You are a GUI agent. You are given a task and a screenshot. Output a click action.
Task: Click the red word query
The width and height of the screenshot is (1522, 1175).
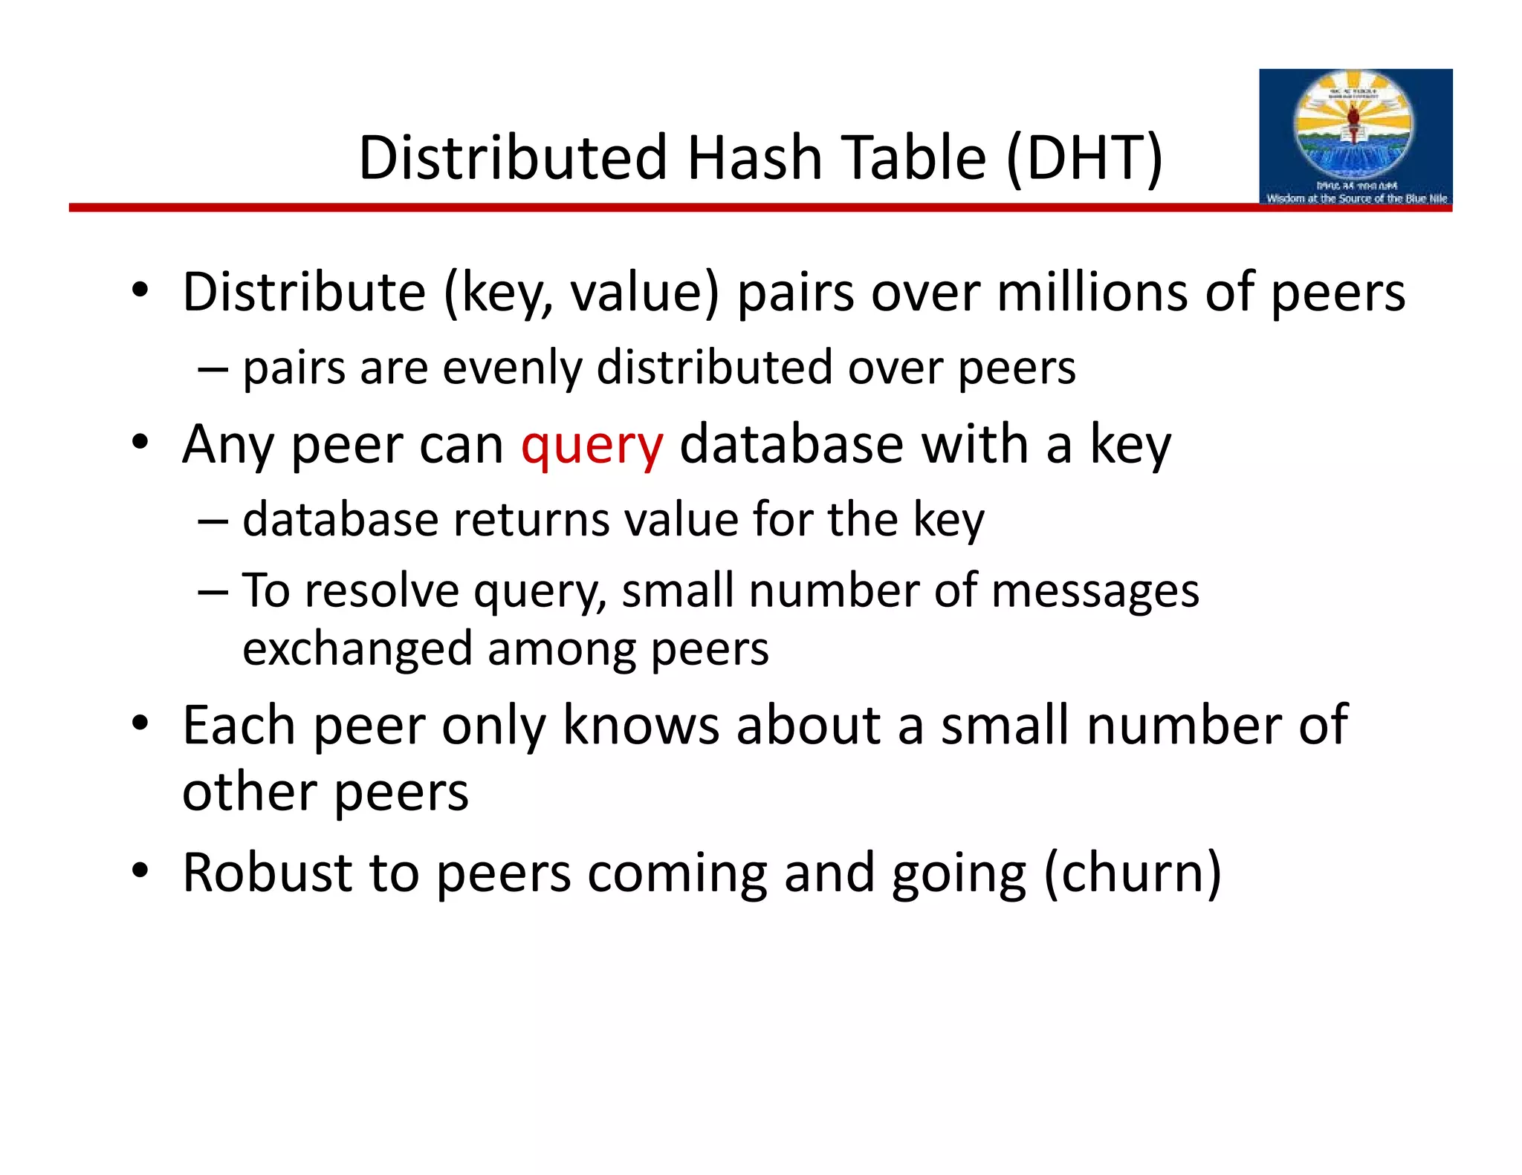[x=592, y=446]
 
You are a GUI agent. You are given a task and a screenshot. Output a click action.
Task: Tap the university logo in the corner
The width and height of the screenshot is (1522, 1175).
[x=1355, y=137]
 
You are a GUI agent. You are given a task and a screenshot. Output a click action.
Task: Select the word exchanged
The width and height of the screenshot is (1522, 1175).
[x=357, y=648]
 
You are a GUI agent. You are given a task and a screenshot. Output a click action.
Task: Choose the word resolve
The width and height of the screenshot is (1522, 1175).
[x=382, y=591]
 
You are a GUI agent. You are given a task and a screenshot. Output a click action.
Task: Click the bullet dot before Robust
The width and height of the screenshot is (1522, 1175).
[x=140, y=870]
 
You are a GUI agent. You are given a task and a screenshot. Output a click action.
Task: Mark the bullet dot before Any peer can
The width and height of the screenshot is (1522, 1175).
[x=140, y=443]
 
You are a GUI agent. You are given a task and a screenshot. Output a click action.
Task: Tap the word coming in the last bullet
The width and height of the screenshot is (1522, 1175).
[x=677, y=873]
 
